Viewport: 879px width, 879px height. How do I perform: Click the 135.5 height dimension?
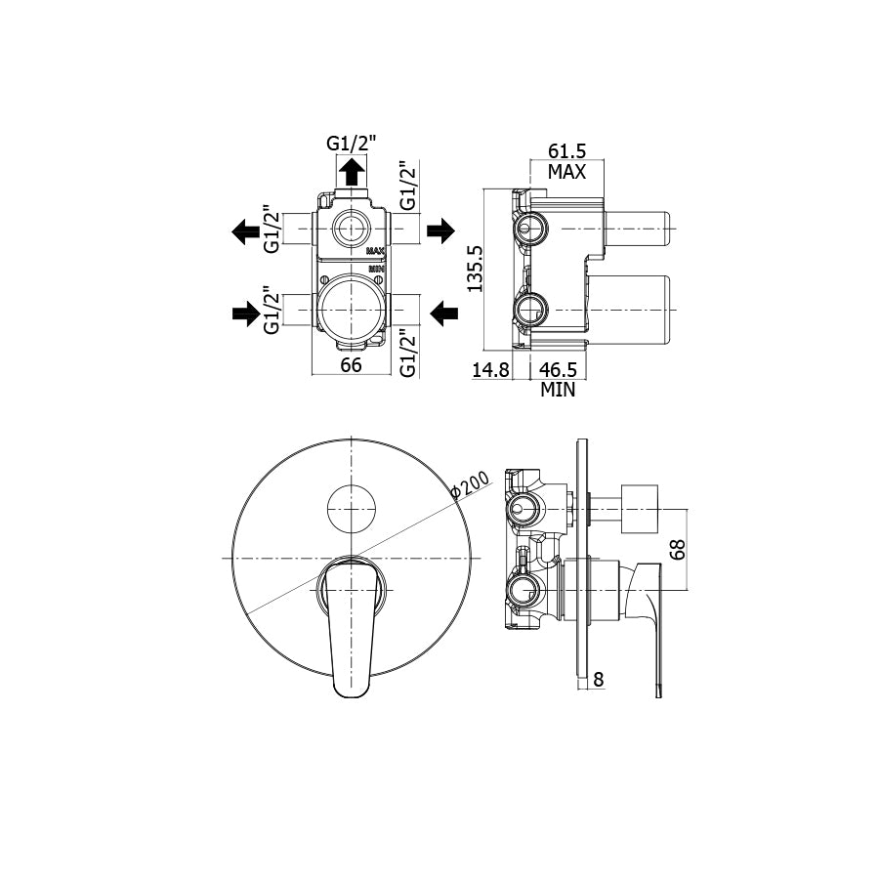click(x=476, y=269)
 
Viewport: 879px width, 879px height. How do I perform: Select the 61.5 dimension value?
click(x=566, y=151)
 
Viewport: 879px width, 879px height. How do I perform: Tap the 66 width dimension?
click(x=351, y=364)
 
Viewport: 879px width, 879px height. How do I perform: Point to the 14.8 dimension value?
click(x=490, y=369)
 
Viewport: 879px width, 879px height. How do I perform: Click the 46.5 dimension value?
click(x=559, y=369)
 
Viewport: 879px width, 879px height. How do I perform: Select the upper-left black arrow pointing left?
click(x=245, y=231)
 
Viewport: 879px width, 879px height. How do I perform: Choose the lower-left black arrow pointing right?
click(x=245, y=313)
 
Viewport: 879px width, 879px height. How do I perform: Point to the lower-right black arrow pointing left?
click(x=444, y=313)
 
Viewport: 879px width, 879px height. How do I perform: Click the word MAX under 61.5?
click(x=566, y=172)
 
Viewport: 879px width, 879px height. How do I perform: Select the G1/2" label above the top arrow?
click(x=353, y=143)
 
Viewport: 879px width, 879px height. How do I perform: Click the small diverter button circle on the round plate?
click(x=351, y=508)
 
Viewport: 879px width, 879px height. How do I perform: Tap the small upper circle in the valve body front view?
click(x=351, y=230)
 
